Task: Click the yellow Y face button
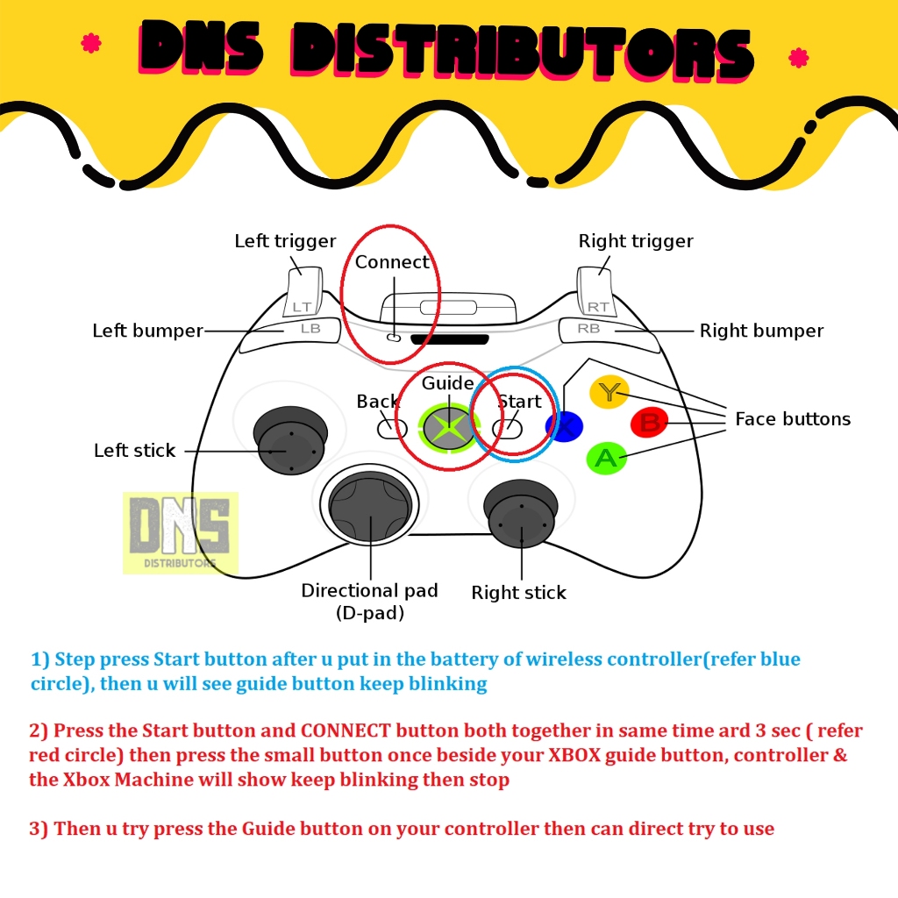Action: [x=608, y=391]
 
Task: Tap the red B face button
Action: [x=649, y=423]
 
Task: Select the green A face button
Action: [x=605, y=457]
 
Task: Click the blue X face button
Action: [x=564, y=426]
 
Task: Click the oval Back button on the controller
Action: [x=392, y=429]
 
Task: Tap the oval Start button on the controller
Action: [x=507, y=428]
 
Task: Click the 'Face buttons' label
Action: [x=793, y=419]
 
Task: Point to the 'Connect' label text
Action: [x=392, y=262]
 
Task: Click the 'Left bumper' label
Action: [x=147, y=331]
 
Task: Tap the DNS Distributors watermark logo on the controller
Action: [x=181, y=532]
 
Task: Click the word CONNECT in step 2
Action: [x=348, y=731]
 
